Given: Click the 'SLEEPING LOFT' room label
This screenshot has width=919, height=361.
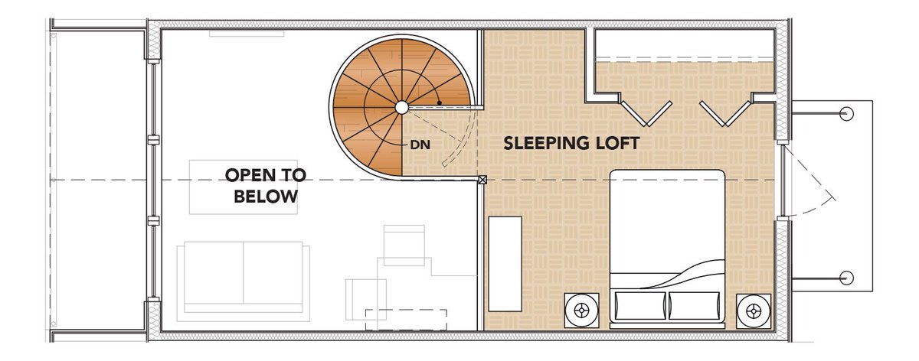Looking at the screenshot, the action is pos(571,143).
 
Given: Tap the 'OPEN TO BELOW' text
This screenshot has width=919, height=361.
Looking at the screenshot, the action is pos(266,186).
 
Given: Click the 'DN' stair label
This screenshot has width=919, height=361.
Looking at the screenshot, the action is pos(420,145).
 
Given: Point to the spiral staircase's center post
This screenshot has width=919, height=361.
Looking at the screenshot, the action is pos(401,107).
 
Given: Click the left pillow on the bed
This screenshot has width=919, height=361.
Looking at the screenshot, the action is pos(639,306).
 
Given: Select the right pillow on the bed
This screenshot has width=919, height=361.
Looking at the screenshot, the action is pos(694,306).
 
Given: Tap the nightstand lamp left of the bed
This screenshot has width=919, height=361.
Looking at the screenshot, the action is pos(581,311).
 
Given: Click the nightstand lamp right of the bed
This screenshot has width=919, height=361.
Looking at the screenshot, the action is pos(754,311).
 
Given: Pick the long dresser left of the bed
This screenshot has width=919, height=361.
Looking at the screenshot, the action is pos(505,264).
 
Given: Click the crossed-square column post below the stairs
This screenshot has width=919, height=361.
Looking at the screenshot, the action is pos(482,180).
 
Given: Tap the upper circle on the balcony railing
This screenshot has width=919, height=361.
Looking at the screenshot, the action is pos(846,113).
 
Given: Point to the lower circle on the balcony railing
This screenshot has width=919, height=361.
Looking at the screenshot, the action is pos(846,278).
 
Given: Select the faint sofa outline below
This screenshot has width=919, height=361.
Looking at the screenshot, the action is pos(244,281).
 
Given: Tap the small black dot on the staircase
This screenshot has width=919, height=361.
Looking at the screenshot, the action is pos(440,102).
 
